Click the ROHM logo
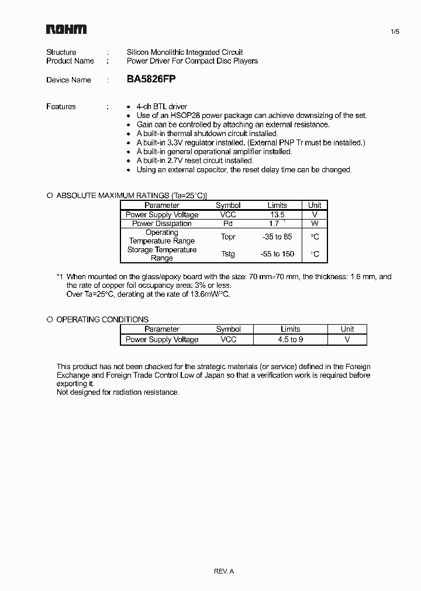tap(67, 29)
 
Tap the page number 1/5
tap(395, 32)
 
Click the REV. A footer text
tap(224, 571)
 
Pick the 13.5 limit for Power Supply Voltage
tap(277, 214)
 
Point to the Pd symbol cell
tap(228, 223)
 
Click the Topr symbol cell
tap(228, 237)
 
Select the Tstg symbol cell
tap(228, 254)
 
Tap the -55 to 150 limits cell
tap(277, 254)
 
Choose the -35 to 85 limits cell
tap(277, 237)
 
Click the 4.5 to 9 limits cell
tap(290, 339)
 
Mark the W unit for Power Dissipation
tap(315, 223)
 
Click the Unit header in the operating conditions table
tap(347, 329)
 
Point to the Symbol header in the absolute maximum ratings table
tap(228, 205)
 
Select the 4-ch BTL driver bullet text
tap(162, 106)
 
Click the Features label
tap(61, 106)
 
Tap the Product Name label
tap(70, 61)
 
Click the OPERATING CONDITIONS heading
tap(102, 319)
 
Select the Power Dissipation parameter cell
tap(162, 223)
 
